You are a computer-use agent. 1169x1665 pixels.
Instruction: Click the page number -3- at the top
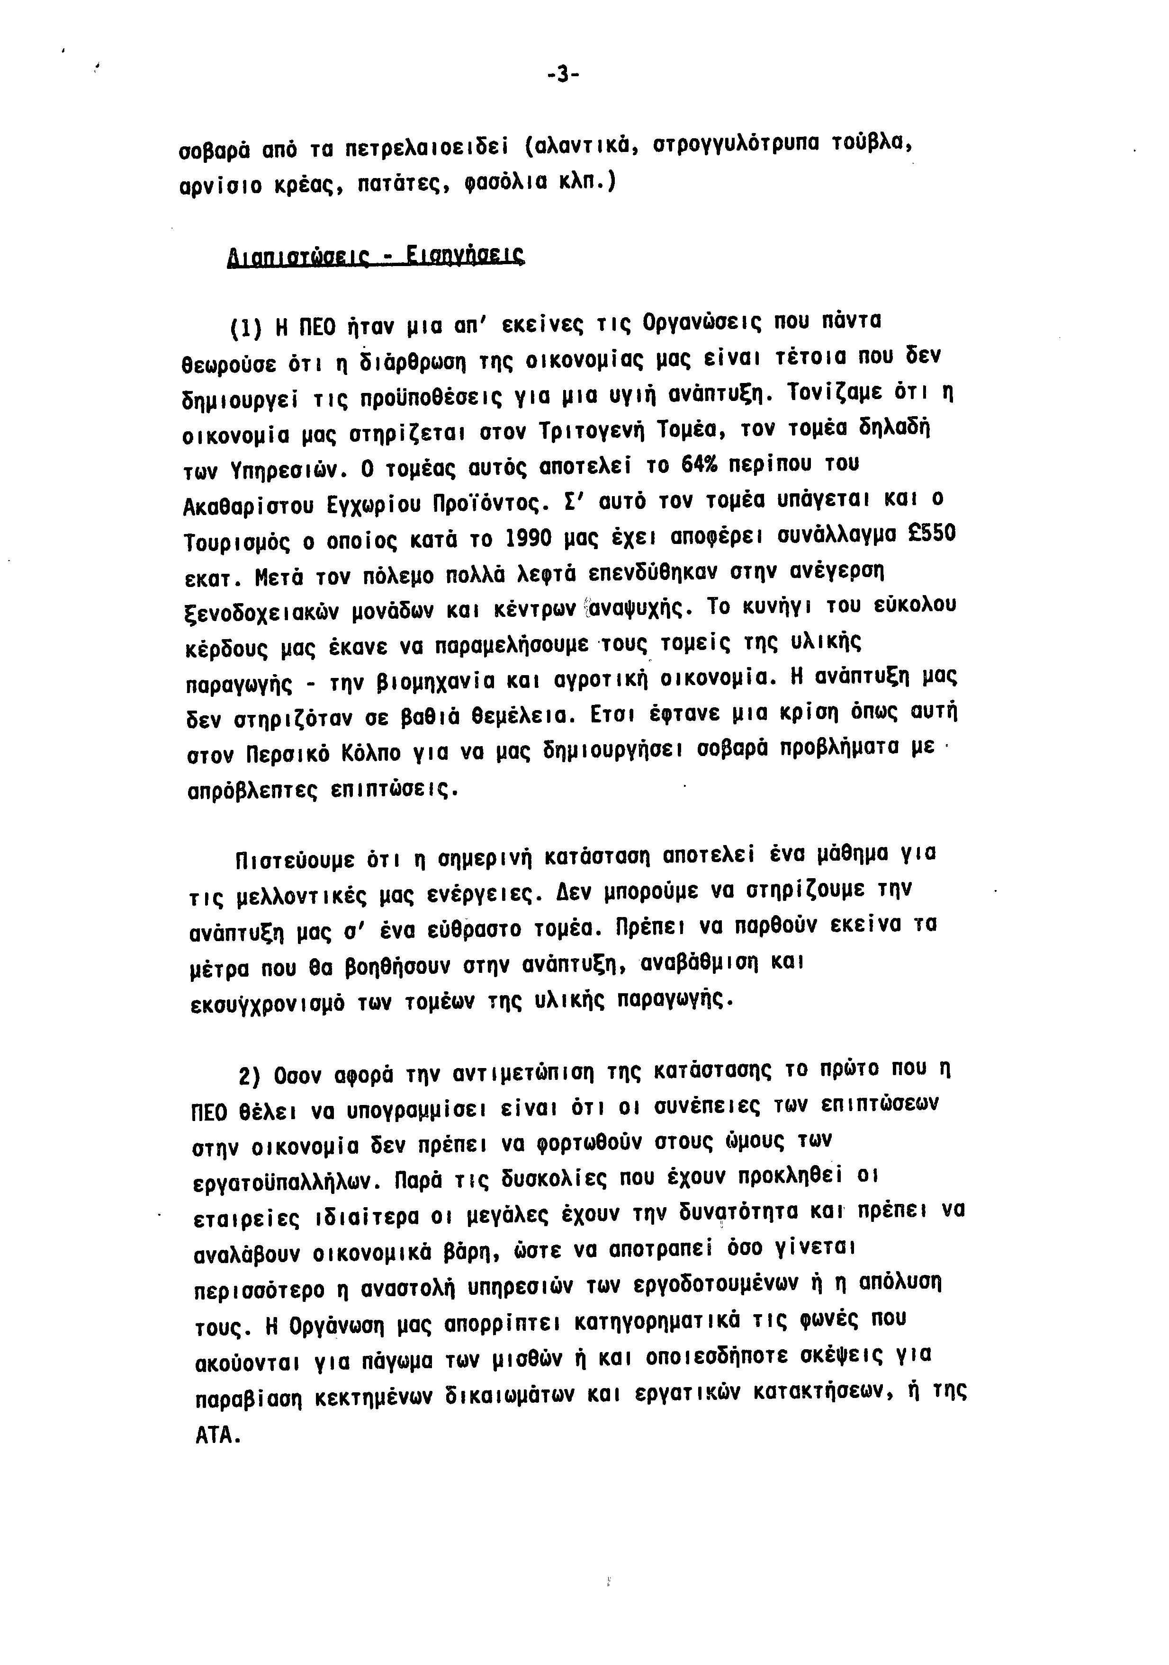563,75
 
